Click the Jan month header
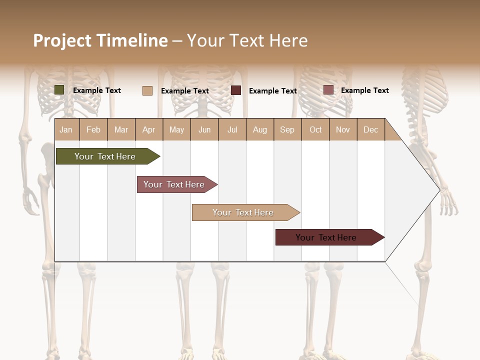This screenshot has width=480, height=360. click(x=66, y=129)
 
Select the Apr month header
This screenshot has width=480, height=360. click(x=148, y=129)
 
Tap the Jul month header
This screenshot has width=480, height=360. click(x=232, y=129)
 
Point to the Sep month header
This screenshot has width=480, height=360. click(x=287, y=129)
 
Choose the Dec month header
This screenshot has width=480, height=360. click(x=370, y=129)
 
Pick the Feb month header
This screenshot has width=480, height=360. click(x=93, y=129)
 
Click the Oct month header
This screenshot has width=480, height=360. click(x=315, y=129)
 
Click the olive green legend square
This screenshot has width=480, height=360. click(x=59, y=90)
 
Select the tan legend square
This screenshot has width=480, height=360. click(x=147, y=90)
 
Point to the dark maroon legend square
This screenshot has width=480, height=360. click(x=236, y=90)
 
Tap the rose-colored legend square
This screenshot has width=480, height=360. click(x=328, y=90)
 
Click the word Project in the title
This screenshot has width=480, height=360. click(x=62, y=40)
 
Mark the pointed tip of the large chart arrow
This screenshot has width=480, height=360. click(x=439, y=190)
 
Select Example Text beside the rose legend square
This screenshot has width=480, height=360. click(x=364, y=90)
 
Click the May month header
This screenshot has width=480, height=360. click(x=176, y=129)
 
